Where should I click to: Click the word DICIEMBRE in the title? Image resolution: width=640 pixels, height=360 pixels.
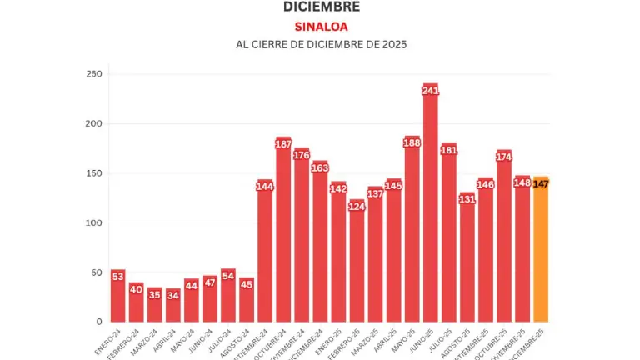(x=322, y=7)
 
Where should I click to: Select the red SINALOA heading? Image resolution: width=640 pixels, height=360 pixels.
(x=321, y=26)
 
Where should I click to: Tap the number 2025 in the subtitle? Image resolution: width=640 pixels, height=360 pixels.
(x=391, y=44)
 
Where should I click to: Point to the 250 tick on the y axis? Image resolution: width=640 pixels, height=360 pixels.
(x=94, y=74)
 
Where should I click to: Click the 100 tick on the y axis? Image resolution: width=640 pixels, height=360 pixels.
(x=94, y=222)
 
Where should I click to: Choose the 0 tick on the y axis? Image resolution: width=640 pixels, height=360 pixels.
(x=99, y=321)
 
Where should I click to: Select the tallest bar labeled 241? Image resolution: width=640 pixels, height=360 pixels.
(x=431, y=208)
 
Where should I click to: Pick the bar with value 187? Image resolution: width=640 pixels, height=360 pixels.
(x=283, y=233)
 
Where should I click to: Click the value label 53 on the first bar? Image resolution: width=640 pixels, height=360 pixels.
(x=118, y=277)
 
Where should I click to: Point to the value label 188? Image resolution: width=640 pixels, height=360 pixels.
(x=412, y=142)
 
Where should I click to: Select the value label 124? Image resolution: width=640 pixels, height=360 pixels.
(x=357, y=206)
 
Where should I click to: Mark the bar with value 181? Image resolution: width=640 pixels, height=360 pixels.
(x=449, y=237)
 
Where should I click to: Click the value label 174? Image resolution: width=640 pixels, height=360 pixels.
(x=504, y=157)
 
